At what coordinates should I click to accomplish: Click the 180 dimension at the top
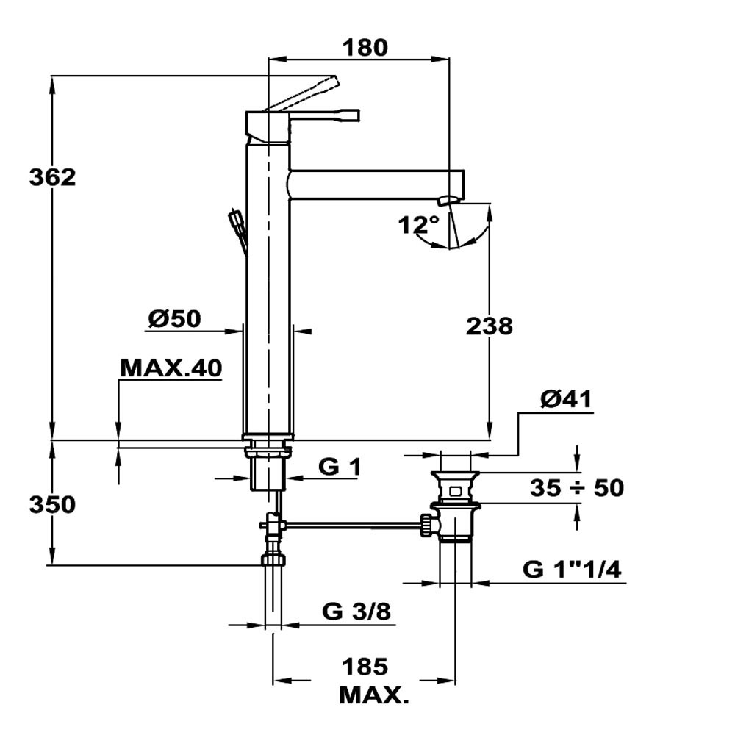(x=365, y=47)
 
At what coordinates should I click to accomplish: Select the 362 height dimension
(x=52, y=177)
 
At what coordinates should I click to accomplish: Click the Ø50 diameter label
(x=175, y=319)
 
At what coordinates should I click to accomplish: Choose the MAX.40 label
(x=171, y=368)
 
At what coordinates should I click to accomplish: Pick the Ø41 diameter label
(x=566, y=399)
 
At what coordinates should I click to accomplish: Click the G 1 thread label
(x=340, y=467)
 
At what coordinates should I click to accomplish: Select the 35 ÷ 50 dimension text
(x=577, y=487)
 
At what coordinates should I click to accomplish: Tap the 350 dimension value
(x=52, y=505)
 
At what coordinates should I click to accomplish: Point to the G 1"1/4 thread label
(x=572, y=570)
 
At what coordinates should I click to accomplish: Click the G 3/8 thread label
(x=356, y=612)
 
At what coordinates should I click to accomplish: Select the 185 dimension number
(x=365, y=667)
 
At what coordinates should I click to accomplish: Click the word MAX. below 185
(x=374, y=695)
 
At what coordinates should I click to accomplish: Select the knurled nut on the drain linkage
(x=426, y=526)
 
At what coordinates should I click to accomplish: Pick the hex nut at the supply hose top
(x=274, y=559)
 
